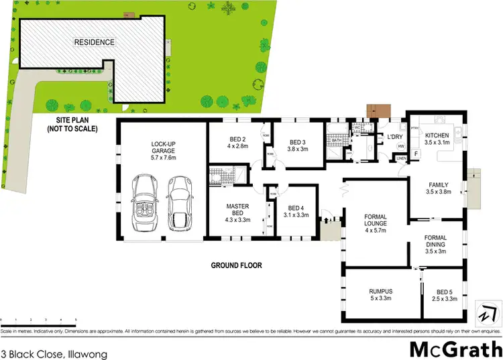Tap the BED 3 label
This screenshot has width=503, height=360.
(x=298, y=142)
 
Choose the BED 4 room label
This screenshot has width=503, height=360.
(x=296, y=207)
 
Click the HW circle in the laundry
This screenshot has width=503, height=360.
(x=401, y=147)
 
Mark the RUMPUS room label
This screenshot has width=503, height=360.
(x=380, y=291)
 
